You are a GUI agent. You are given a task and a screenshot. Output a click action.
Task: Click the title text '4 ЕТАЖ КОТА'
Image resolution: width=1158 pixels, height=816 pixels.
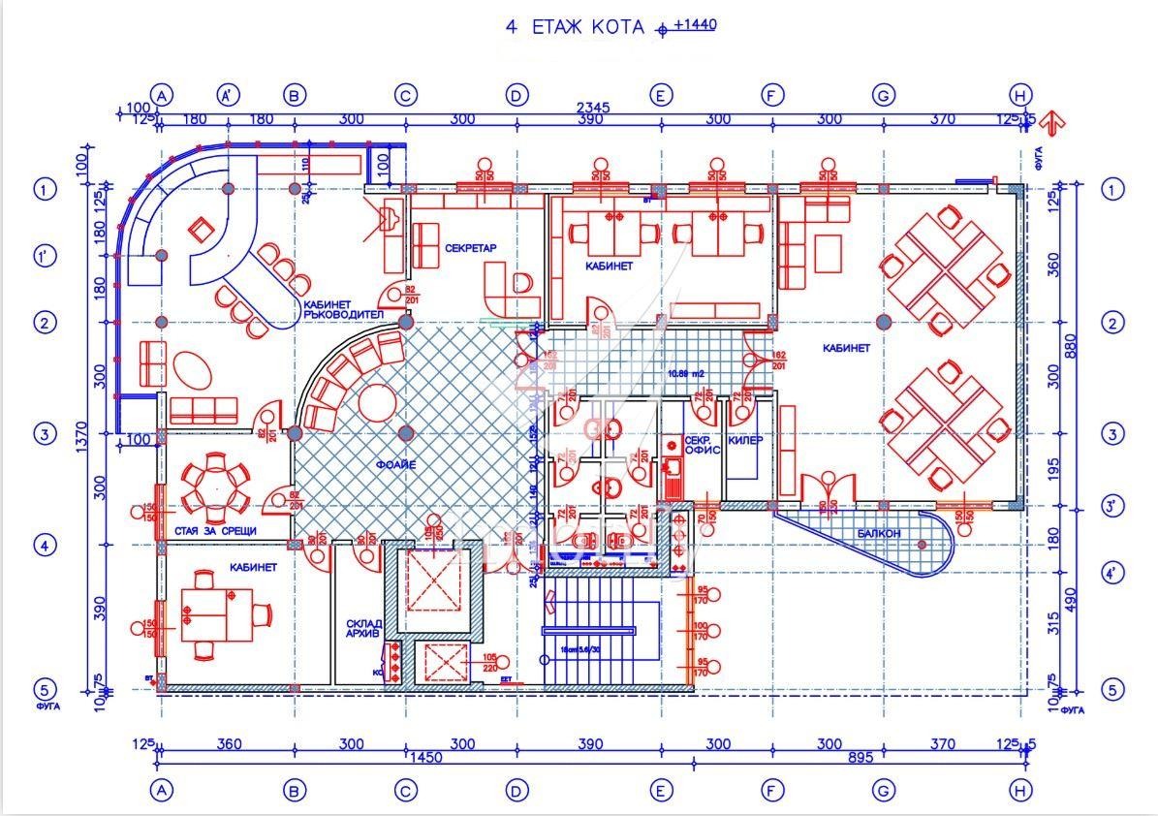point(575,27)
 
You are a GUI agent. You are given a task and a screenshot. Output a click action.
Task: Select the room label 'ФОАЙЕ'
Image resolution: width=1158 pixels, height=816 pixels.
point(396,465)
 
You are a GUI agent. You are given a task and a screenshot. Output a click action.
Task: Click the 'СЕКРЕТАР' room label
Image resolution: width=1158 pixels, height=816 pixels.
point(471,248)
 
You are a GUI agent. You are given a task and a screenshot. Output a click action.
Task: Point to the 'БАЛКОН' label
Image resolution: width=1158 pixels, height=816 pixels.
point(879,534)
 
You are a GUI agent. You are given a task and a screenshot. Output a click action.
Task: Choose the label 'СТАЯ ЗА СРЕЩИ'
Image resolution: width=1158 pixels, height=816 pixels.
point(215,531)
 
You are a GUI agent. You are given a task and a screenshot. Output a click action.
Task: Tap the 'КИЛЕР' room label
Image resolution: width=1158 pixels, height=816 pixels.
point(745,440)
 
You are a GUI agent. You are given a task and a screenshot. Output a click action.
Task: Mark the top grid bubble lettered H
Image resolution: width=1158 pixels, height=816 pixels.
point(1020,95)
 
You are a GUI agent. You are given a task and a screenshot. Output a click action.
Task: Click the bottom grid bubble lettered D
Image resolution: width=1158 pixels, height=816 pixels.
point(516,791)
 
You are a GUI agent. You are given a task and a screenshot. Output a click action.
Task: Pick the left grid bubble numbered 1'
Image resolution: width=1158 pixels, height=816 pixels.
point(45,256)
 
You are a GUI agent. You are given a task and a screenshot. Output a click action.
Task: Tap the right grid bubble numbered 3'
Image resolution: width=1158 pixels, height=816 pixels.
point(1114,505)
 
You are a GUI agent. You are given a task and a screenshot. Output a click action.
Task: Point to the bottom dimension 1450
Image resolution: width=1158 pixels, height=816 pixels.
point(426,757)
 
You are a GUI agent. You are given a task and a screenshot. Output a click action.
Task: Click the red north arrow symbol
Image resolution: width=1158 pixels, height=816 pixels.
point(1054,121)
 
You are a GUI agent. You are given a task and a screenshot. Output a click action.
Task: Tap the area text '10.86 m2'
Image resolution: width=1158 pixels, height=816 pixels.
point(685,372)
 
